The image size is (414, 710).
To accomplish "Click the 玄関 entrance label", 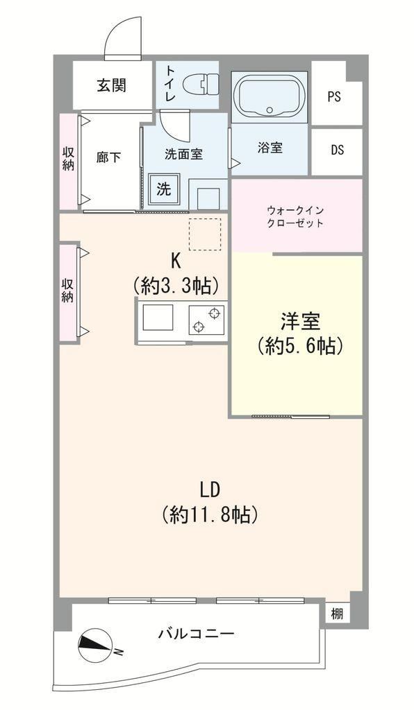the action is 112,85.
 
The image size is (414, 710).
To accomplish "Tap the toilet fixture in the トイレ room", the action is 201,84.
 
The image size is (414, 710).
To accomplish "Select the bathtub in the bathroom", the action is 270,97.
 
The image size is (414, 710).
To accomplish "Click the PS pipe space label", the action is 334,96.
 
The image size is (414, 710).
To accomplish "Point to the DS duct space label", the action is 337,150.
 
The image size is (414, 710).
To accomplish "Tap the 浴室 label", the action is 270,147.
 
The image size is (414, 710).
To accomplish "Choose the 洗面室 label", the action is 183,155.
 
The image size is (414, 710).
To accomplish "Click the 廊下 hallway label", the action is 109,157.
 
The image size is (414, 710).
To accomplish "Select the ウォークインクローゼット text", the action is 296,217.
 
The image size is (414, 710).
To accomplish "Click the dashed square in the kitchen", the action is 205,234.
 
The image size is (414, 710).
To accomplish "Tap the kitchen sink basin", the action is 158,318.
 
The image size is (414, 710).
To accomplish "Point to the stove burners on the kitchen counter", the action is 207,320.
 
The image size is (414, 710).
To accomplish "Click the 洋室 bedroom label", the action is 300,322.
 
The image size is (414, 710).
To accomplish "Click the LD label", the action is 210,490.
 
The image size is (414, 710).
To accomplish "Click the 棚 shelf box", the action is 337,614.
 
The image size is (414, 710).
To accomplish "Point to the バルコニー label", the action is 197,632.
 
